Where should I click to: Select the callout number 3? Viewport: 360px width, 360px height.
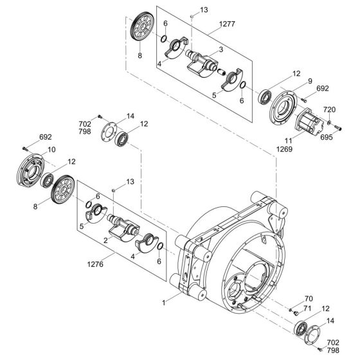click(221, 49)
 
